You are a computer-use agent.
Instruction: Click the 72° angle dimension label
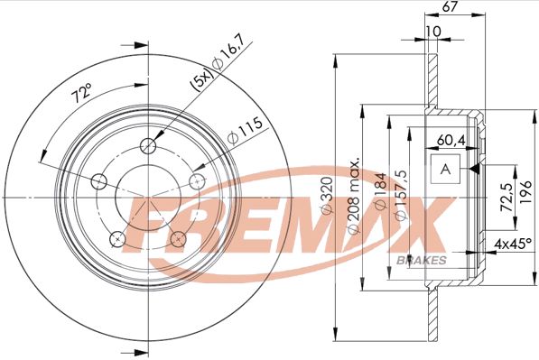coord(82,93)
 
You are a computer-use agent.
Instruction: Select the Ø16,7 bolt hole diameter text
coord(228,53)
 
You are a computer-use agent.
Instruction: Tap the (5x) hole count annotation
coord(203,82)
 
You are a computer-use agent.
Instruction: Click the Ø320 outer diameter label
coord(327,196)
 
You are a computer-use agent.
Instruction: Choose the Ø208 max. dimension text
coord(354,197)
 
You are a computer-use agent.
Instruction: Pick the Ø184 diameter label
coord(381,191)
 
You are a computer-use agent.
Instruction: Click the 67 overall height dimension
coord(450,7)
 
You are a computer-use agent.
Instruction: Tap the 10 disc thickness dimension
coord(433,32)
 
